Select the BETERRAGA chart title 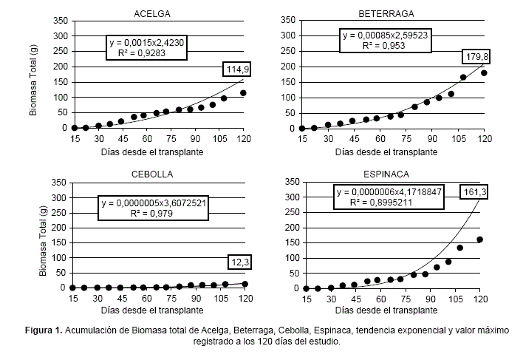[386, 14]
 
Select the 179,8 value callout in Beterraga [474, 56]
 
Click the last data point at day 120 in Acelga [243, 93]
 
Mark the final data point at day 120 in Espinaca [479, 240]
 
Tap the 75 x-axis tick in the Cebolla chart [167, 298]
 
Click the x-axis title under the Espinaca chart [392, 311]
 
